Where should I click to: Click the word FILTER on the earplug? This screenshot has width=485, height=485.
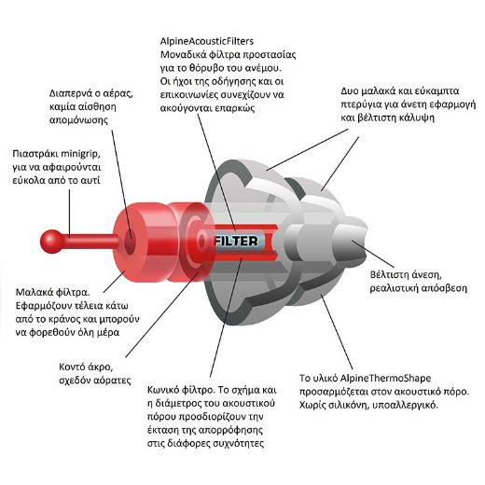(x=237, y=242)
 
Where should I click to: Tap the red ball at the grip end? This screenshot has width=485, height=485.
(x=52, y=242)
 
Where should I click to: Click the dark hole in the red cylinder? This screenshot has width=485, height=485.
(x=130, y=242)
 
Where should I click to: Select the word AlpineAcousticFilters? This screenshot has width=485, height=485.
(x=207, y=41)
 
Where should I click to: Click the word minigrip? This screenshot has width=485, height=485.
(x=80, y=154)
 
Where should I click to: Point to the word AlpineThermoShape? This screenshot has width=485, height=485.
(x=385, y=378)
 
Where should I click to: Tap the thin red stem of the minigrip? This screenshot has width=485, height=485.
(x=91, y=242)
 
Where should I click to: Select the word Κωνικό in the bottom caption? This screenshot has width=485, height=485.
(x=164, y=390)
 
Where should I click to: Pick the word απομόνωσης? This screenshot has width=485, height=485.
(x=78, y=120)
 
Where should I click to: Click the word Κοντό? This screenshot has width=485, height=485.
(x=72, y=367)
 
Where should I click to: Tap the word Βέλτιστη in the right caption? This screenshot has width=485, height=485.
(x=388, y=275)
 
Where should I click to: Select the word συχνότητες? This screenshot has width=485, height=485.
(x=239, y=443)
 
